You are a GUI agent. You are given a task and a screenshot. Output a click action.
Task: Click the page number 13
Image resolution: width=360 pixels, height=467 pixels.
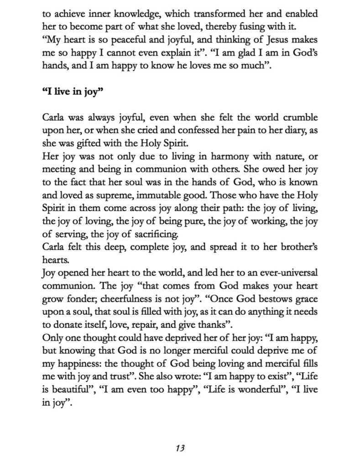180,448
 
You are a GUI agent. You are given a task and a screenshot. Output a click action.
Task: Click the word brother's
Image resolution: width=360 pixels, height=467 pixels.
294,248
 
